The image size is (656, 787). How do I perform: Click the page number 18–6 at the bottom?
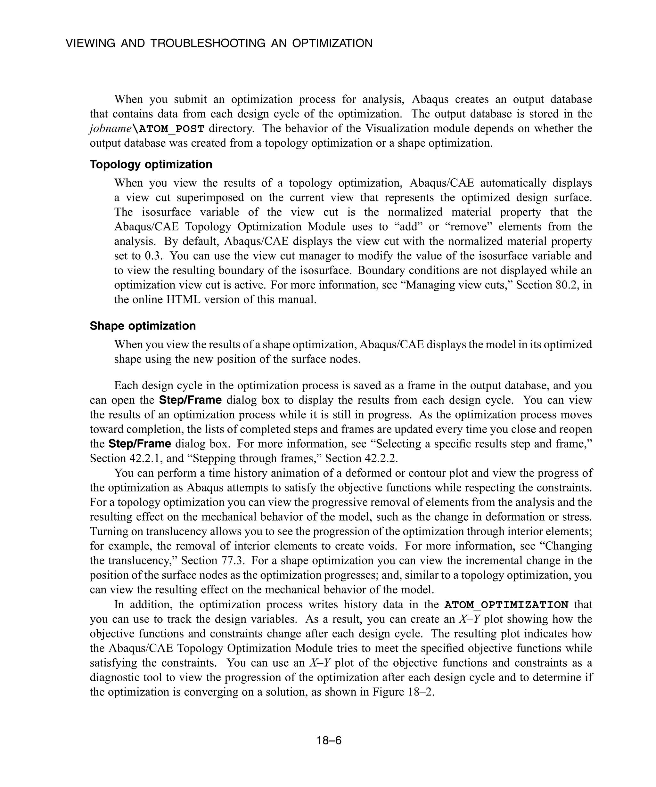[329, 741]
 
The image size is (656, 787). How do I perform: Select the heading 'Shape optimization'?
[143, 326]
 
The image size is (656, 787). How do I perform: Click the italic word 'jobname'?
[110, 128]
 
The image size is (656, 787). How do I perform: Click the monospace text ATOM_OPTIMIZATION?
[506, 604]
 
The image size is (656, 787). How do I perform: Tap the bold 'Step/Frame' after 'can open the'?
[191, 400]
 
